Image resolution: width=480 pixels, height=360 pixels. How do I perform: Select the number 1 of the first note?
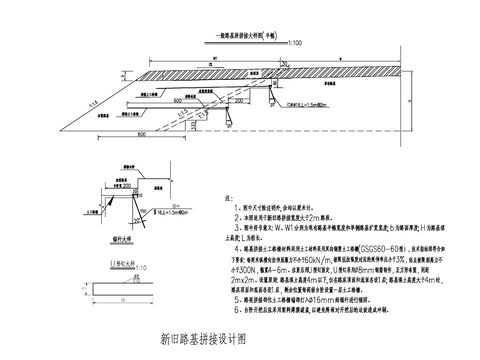233,209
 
